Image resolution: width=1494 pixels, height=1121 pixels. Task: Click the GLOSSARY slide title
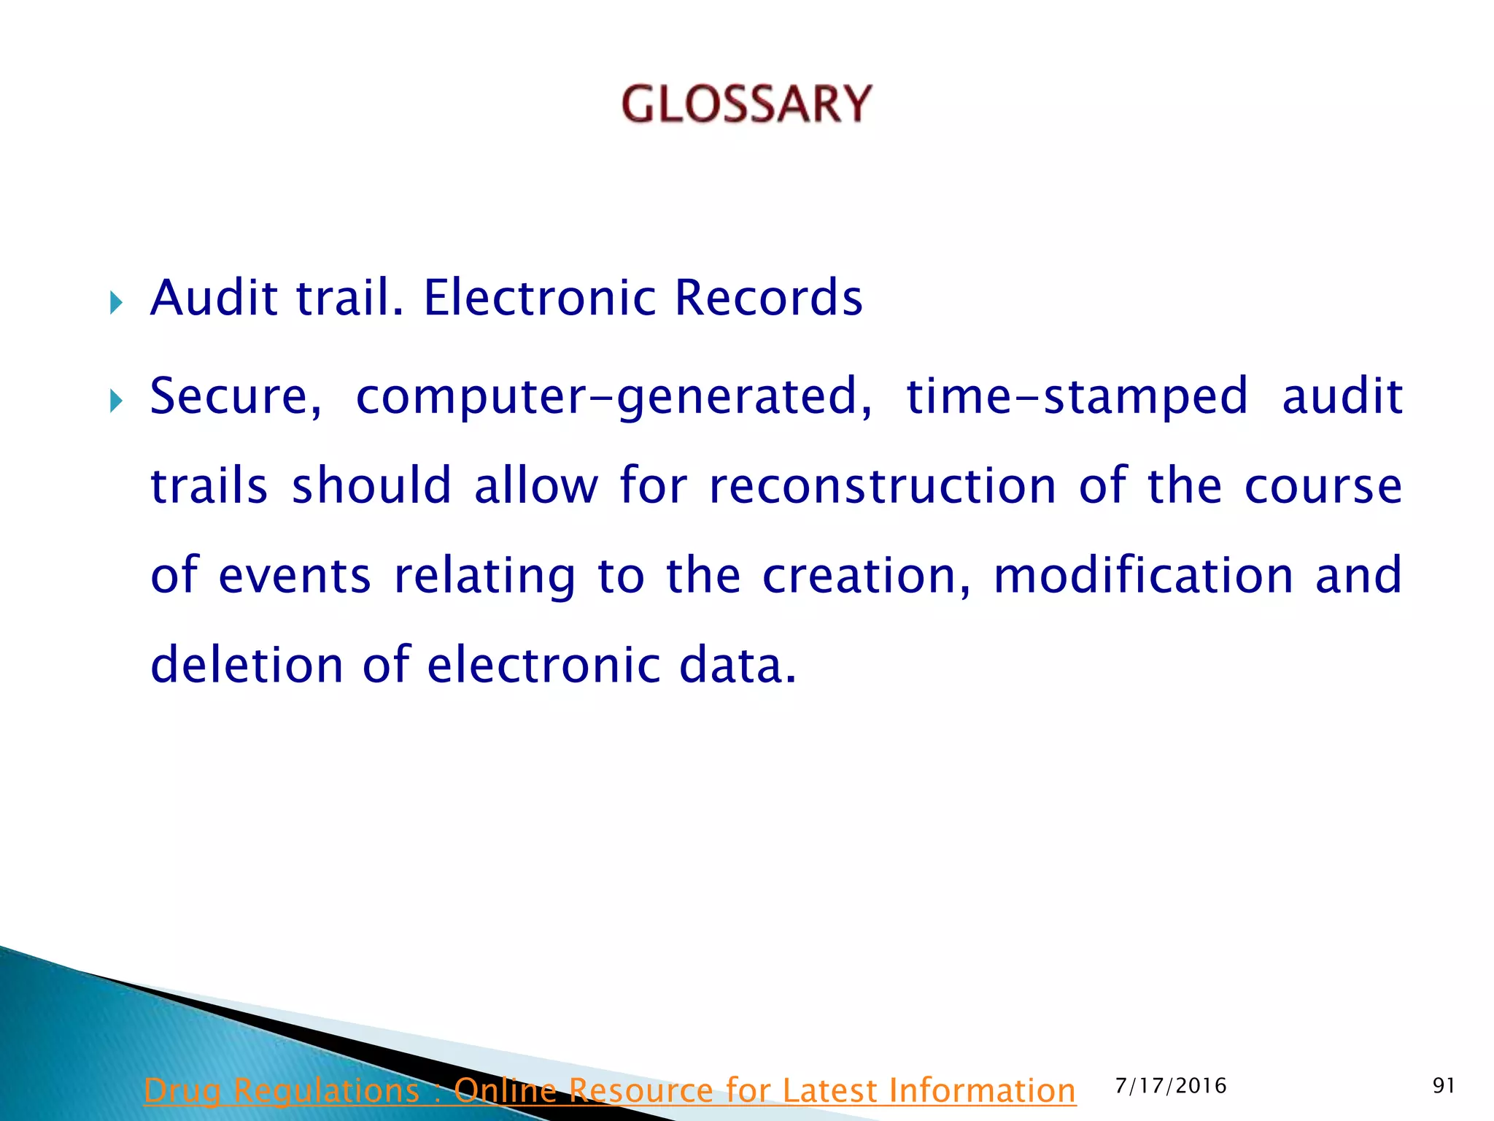tap(746, 104)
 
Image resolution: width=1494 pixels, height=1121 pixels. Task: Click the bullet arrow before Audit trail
tap(116, 302)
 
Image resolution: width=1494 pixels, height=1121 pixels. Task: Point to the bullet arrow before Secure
tap(116, 401)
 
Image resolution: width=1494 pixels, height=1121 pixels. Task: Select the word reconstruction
tap(882, 486)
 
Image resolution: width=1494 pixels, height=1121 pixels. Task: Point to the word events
tap(295, 576)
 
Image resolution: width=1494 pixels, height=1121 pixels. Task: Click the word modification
tap(1143, 576)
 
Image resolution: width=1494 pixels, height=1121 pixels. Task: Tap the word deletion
tap(246, 665)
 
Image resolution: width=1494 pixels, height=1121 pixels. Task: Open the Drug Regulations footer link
tap(610, 1090)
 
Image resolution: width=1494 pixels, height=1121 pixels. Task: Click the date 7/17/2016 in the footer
tap(1171, 1086)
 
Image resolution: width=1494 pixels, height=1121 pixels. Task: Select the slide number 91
tap(1444, 1086)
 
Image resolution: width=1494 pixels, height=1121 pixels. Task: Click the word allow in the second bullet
tap(535, 486)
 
